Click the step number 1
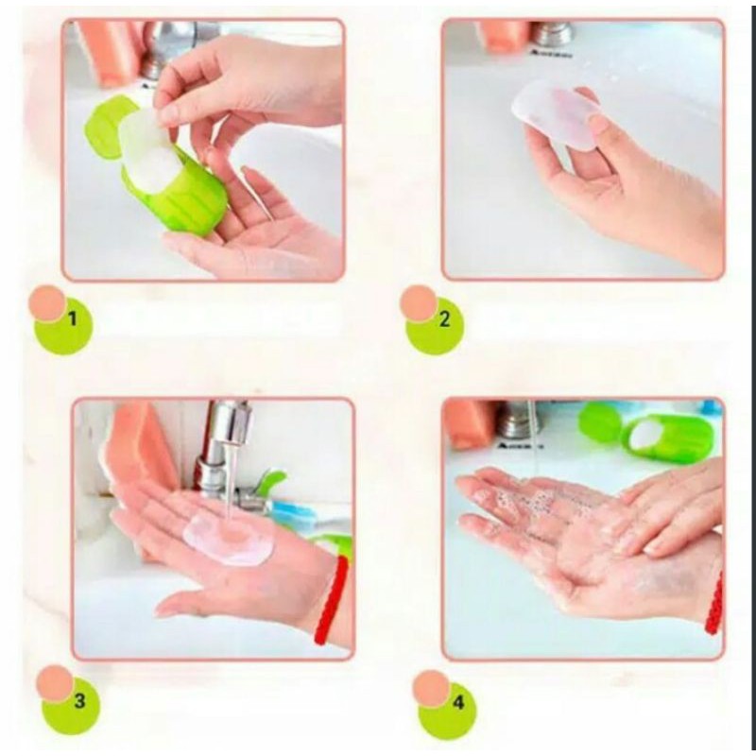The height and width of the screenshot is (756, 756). click(73, 318)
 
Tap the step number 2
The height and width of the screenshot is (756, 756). click(444, 319)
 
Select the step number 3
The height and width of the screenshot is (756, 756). click(79, 700)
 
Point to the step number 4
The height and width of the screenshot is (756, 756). click(458, 703)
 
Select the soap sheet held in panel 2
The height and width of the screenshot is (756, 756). click(555, 113)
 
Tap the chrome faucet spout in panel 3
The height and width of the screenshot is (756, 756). click(233, 424)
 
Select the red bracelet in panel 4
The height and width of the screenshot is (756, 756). click(714, 603)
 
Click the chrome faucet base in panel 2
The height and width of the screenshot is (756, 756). click(555, 35)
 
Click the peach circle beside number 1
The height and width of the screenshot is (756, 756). click(46, 303)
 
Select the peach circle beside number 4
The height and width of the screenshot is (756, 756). click(431, 689)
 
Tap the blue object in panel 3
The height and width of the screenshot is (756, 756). click(294, 512)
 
